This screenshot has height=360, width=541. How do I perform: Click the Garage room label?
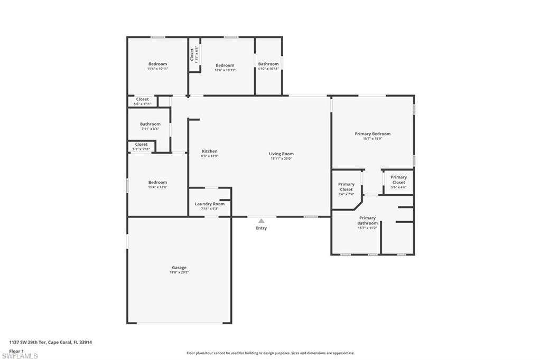pos(179,268)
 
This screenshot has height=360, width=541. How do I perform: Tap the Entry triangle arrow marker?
pos(261,221)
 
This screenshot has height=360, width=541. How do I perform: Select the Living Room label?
pos(281,154)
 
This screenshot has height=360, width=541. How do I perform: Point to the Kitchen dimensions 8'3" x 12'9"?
pos(209,156)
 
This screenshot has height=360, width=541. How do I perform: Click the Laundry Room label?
pos(210,204)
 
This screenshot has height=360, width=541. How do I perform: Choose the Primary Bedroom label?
pos(372,134)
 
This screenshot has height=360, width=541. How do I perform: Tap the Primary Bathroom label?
pos(367,221)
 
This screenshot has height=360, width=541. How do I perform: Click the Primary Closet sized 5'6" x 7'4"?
pos(346,187)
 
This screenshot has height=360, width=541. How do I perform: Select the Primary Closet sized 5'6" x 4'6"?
pos(398,180)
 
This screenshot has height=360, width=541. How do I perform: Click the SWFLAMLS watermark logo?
pos(20,356)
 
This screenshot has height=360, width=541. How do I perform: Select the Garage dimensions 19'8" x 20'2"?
pos(179,272)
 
